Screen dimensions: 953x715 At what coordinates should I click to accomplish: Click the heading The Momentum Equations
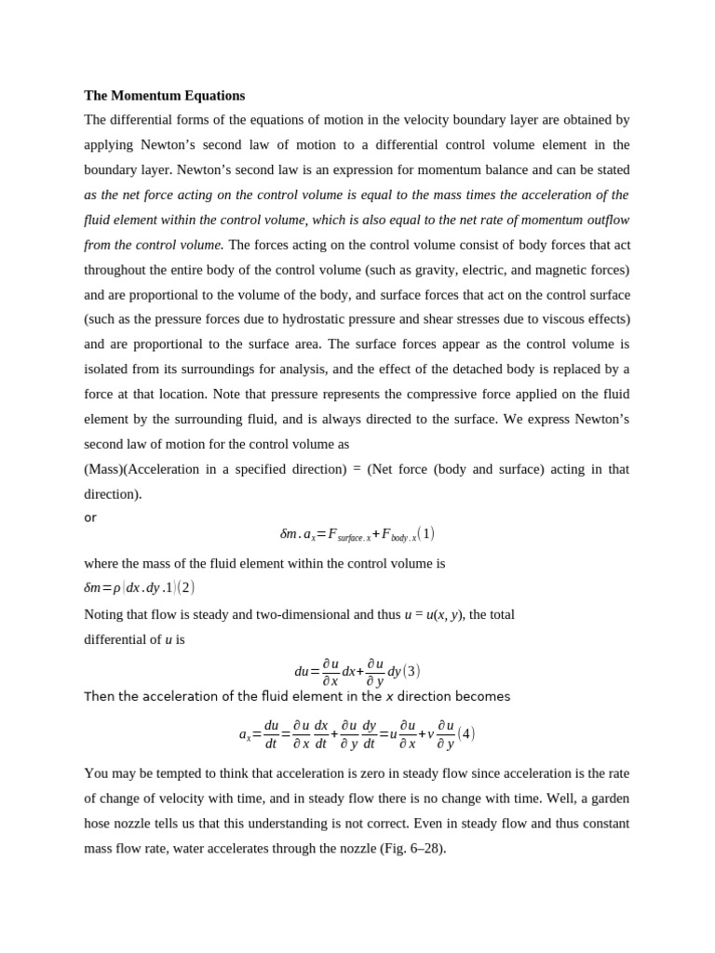165,95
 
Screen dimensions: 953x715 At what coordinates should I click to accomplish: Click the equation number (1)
425,534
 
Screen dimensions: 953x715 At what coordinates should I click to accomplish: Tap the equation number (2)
185,588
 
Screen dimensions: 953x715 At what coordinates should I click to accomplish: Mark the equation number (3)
411,671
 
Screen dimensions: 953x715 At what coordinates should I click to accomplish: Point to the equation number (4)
466,733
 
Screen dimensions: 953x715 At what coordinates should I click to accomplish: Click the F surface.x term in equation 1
349,535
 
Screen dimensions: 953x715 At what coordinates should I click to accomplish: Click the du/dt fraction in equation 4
271,733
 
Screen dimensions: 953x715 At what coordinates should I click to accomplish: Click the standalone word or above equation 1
90,517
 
